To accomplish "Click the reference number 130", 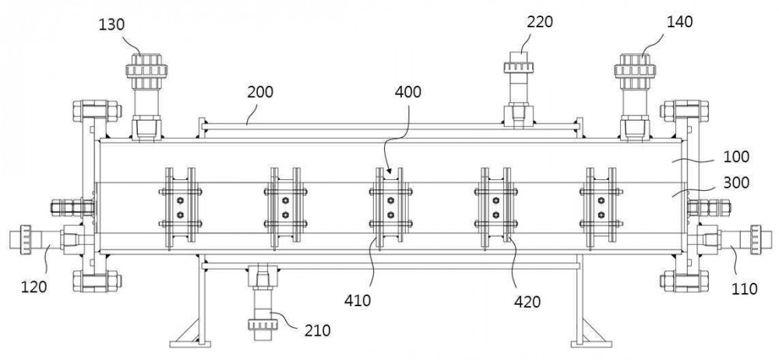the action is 111,24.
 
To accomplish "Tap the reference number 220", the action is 540,22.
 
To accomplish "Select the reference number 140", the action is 679,22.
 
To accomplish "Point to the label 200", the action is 259,93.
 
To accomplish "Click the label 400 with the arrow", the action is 408,93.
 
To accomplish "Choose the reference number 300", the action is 736,183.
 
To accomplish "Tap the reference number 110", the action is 743,288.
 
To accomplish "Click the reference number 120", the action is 33,287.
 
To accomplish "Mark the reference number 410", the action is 357,301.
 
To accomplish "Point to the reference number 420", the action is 527,301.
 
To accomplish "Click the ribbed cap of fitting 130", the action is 146,67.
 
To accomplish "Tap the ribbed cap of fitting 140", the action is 635,67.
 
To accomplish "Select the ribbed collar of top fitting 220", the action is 519,67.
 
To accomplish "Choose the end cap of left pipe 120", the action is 26,240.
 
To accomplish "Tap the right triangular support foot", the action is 591,332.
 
